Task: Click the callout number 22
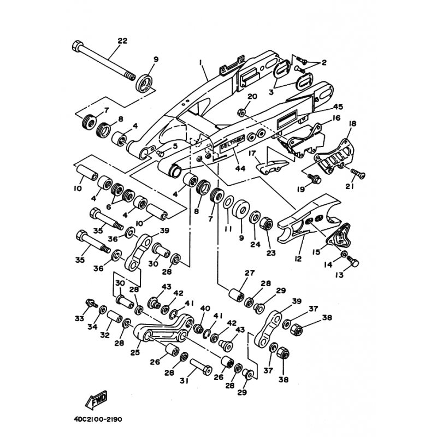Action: [x=122, y=40]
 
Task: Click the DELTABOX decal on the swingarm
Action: [x=232, y=145]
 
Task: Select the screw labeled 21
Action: [x=358, y=173]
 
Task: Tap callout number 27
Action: [x=250, y=273]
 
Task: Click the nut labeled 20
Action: [x=240, y=113]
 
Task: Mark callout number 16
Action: [x=336, y=117]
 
